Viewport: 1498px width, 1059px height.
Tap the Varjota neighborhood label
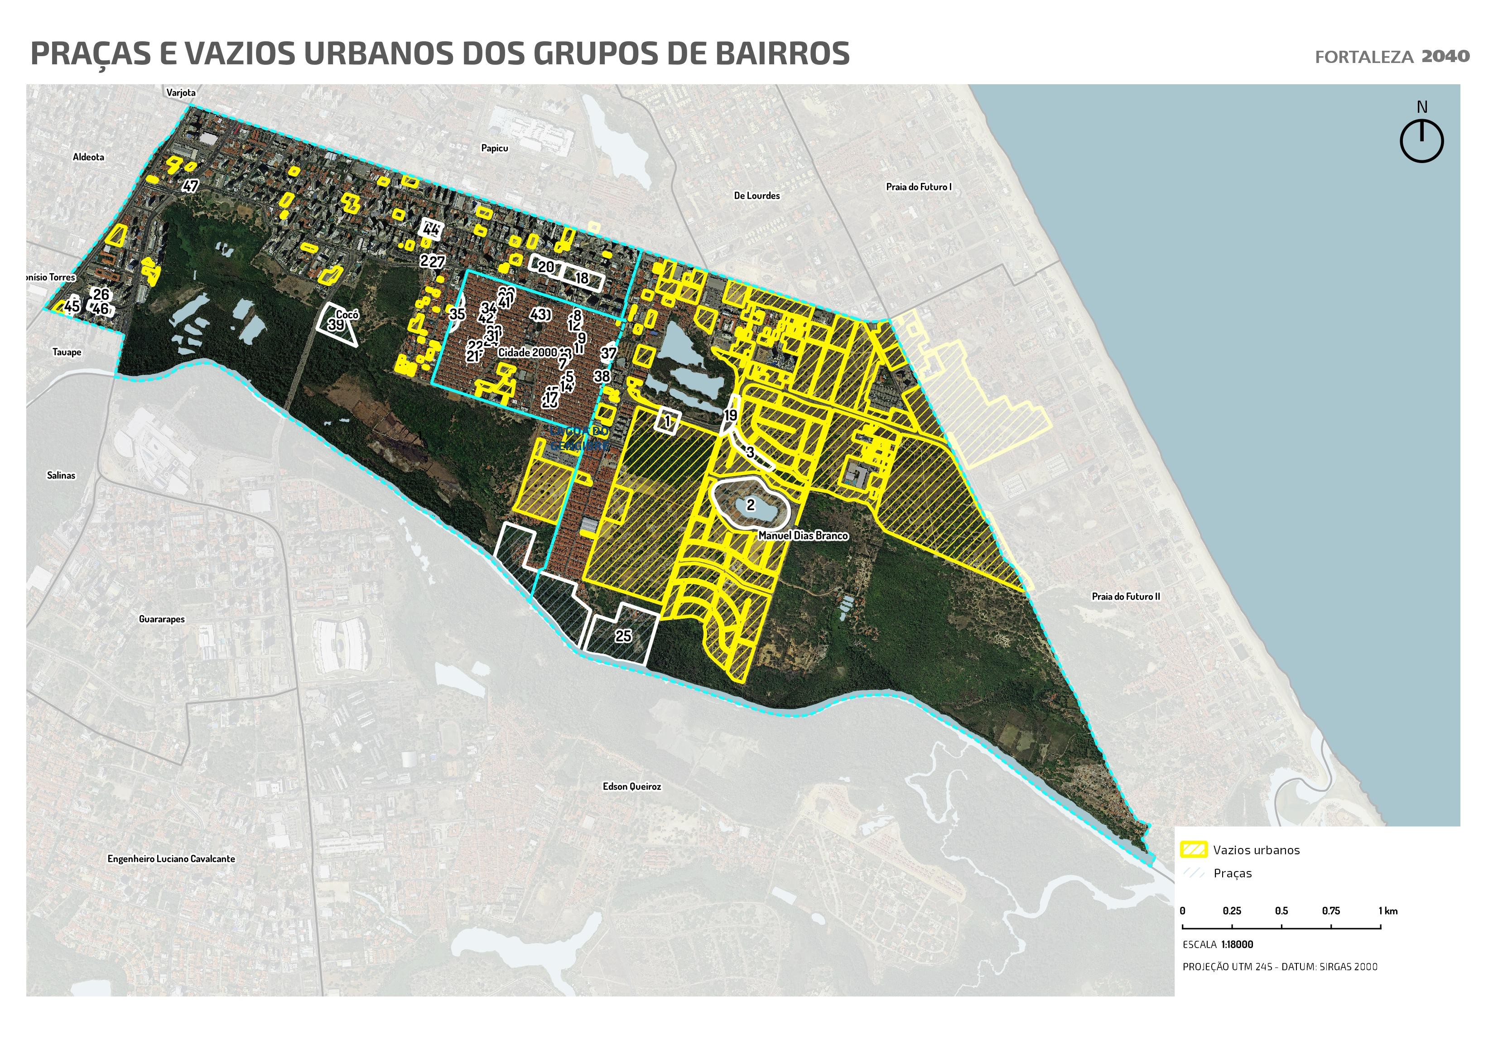tap(181, 93)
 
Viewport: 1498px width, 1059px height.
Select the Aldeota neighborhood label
tap(89, 157)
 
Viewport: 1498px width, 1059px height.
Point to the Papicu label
tap(495, 148)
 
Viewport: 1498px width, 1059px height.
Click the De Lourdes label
tap(757, 196)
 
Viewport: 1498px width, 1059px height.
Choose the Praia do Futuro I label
tap(919, 187)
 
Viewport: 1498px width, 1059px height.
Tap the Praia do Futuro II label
tap(1126, 597)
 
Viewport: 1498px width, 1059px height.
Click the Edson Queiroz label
tap(631, 787)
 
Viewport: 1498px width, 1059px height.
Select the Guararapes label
tap(162, 619)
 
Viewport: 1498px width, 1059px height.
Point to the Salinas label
tap(61, 476)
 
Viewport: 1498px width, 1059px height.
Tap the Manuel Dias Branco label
tap(803, 536)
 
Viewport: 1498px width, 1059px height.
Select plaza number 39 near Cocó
tap(336, 325)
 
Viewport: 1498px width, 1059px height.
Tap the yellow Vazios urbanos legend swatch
tap(1194, 850)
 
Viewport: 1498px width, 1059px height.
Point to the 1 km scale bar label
tap(1388, 911)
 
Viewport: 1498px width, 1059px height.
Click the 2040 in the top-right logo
tap(1446, 57)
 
